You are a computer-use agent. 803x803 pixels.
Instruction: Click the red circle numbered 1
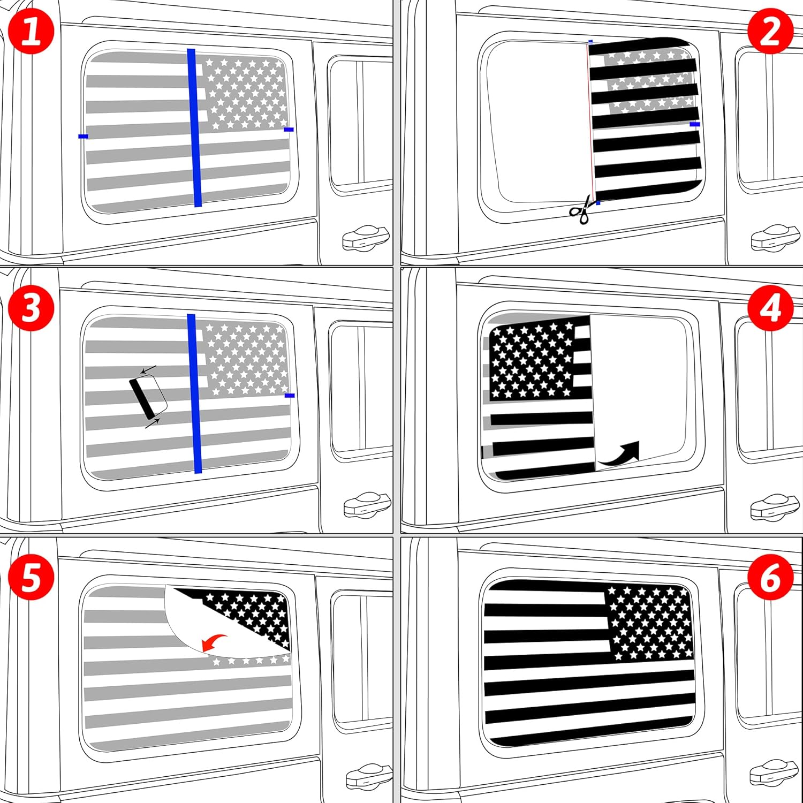coord(32,31)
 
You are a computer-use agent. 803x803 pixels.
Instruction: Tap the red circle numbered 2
coord(770,31)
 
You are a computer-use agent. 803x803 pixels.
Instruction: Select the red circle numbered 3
coord(32,308)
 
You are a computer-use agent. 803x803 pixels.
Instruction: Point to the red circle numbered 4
coord(770,308)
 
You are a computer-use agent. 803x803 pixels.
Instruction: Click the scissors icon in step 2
coord(581,209)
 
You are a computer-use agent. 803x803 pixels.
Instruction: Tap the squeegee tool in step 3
coord(148,396)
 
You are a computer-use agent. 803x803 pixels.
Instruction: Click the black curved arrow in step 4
coord(620,452)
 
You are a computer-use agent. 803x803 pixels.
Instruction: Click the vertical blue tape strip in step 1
coord(195,127)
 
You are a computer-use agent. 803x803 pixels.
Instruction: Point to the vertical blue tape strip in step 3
coord(195,393)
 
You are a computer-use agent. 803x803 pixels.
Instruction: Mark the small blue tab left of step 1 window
coord(83,137)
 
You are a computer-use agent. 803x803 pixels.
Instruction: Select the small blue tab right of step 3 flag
coord(290,396)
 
